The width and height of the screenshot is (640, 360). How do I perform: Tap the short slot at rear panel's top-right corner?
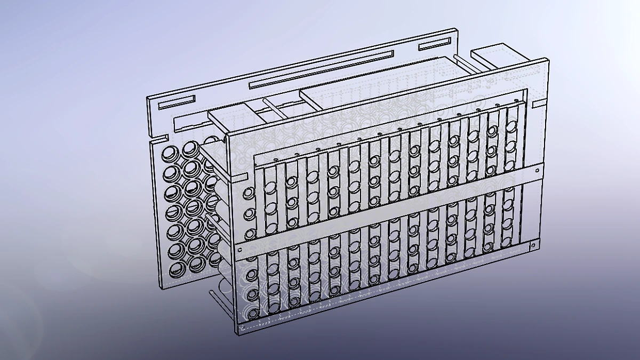click(435, 43)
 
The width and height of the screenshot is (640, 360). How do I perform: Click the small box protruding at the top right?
click(491, 56)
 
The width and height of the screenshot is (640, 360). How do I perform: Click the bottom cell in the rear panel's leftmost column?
click(176, 269)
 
